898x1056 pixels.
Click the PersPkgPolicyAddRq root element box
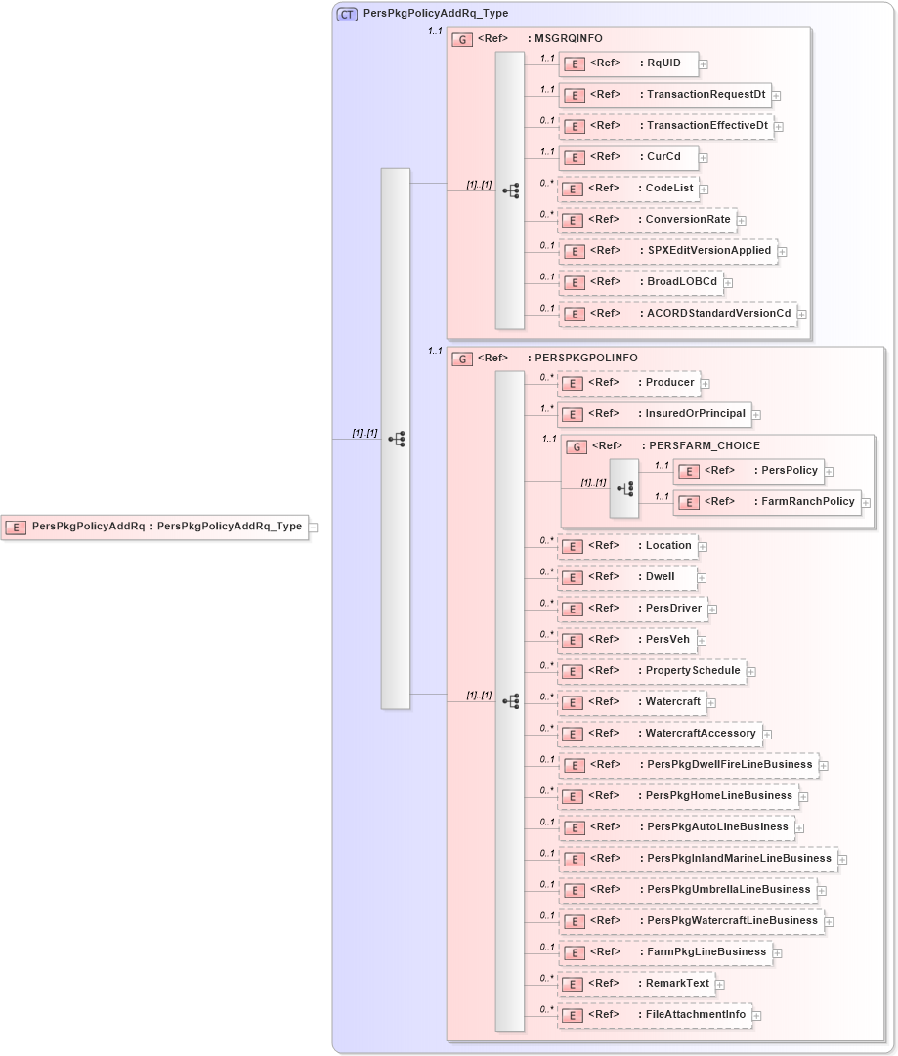click(x=154, y=527)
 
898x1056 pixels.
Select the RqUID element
click(x=628, y=64)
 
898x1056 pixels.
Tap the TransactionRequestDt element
click(x=664, y=95)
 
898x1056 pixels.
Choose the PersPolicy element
click(x=748, y=470)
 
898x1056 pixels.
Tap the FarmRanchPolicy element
click(x=766, y=502)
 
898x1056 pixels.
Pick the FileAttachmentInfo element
click(x=654, y=1014)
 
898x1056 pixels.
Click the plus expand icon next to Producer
click(x=705, y=384)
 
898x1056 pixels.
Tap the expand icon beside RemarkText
click(x=720, y=985)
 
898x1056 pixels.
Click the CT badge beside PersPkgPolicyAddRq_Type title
click(x=347, y=15)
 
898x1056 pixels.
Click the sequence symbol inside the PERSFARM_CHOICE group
click(x=623, y=487)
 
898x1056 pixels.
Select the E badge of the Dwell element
click(x=576, y=577)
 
